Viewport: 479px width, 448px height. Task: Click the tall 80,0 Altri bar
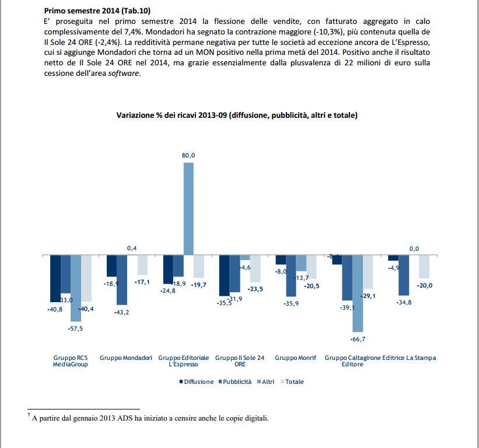[188, 208]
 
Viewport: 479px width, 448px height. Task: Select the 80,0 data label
[188, 155]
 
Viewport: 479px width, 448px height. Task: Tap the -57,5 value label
[76, 329]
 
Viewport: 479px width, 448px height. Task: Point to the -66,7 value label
[358, 339]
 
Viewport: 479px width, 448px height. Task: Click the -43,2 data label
[121, 313]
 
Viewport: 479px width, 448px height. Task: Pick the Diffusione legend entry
[196, 382]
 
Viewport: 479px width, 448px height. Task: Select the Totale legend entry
[292, 382]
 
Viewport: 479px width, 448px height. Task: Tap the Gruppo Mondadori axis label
[126, 358]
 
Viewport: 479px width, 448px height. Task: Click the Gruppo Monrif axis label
[295, 358]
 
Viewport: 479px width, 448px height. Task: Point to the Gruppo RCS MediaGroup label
[70, 360]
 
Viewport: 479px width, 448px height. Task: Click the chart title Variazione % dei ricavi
[236, 116]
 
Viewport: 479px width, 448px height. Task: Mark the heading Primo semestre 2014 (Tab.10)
[96, 10]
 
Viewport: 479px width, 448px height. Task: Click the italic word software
[124, 73]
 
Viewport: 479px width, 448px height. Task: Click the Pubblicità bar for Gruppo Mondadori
[121, 280]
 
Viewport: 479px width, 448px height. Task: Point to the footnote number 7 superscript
[29, 415]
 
